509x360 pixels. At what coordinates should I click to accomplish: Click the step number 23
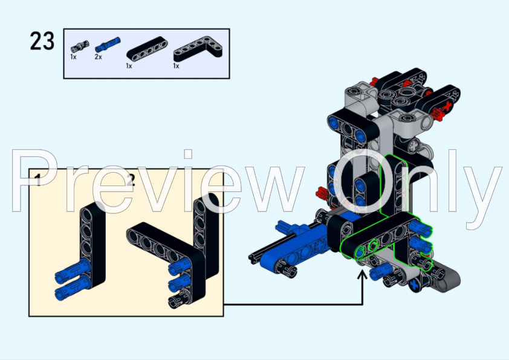42,42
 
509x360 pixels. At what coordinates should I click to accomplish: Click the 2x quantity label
98,57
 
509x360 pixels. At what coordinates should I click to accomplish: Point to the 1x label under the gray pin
73,57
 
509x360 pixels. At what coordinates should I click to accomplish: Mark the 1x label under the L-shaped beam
176,66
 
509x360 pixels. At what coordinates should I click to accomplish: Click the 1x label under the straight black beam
129,66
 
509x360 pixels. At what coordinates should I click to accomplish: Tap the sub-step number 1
37,179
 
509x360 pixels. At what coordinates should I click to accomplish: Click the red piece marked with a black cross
446,108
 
